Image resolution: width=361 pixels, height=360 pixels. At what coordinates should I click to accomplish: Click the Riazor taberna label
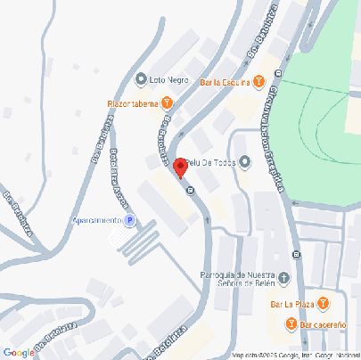[x=133, y=103]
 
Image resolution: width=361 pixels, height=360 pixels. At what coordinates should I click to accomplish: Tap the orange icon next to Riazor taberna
[x=168, y=103]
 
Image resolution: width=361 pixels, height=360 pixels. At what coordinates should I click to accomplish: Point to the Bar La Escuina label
[x=225, y=83]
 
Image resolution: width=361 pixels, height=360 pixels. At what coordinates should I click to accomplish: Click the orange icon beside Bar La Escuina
[x=258, y=83]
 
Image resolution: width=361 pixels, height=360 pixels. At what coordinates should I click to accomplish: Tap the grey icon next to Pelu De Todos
[x=246, y=161]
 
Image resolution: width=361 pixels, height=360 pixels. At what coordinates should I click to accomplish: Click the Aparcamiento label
[x=95, y=220]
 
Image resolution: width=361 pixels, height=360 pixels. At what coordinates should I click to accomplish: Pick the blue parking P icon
[x=129, y=220]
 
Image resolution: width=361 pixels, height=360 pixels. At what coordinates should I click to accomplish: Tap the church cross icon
[x=283, y=277]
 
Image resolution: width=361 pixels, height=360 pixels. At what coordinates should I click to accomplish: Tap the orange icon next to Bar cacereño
[x=290, y=324]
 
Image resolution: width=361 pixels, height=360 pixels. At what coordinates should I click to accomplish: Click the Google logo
[x=18, y=353]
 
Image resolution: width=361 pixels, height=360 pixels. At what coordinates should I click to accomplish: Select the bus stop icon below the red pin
[x=189, y=189]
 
